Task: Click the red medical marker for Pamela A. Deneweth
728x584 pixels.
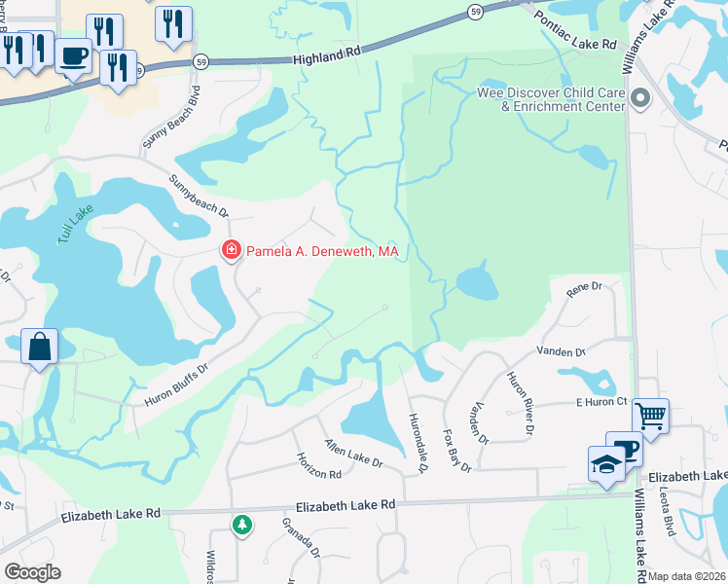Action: coord(231,251)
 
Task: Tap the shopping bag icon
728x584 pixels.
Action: coord(39,347)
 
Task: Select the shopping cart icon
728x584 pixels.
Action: coord(650,416)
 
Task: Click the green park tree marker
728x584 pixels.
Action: coord(241,526)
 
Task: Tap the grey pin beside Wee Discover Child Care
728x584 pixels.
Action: coord(640,97)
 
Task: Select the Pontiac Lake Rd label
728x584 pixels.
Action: coord(575,30)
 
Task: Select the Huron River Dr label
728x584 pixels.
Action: coord(519,403)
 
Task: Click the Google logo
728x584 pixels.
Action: coord(32,572)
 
